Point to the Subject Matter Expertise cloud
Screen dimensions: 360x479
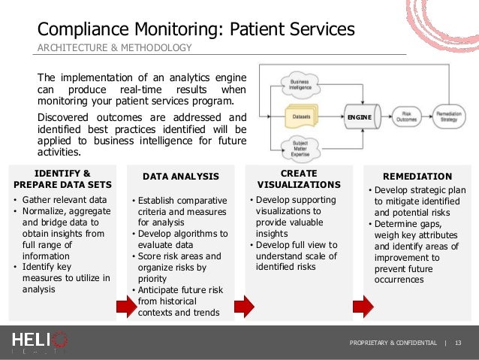coord(299,147)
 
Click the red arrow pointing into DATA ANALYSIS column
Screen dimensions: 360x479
coord(123,306)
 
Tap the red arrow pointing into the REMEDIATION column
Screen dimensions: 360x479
coord(363,306)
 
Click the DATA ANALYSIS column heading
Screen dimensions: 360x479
coord(180,177)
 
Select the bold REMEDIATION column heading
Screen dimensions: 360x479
coord(417,177)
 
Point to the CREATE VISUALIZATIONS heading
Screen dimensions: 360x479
coord(299,179)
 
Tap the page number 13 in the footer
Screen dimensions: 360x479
coord(458,343)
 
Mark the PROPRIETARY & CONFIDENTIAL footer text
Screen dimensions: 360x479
coord(393,343)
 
